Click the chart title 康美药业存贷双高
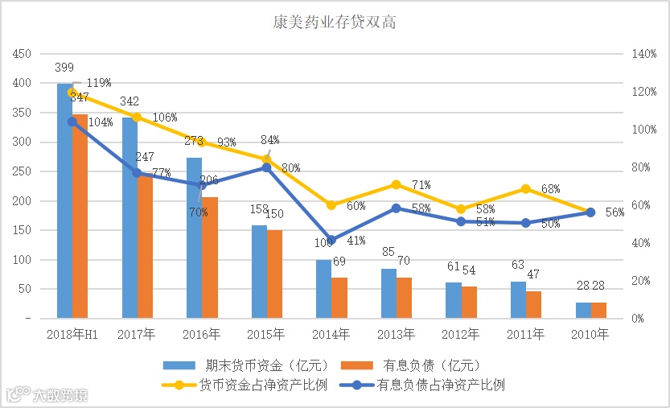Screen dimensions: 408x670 tap(335, 22)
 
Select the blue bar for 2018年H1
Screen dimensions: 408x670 tap(64, 201)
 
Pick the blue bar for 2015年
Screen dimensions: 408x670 tap(259, 272)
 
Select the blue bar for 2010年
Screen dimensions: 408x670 tap(583, 311)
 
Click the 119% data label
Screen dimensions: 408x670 tap(98, 83)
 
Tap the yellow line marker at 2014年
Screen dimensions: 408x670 tap(331, 205)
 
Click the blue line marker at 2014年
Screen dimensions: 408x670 tap(331, 241)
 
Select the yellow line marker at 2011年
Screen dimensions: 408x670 tap(525, 189)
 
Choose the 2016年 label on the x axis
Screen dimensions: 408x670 tap(202, 333)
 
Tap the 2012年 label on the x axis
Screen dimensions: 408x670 tap(461, 333)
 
